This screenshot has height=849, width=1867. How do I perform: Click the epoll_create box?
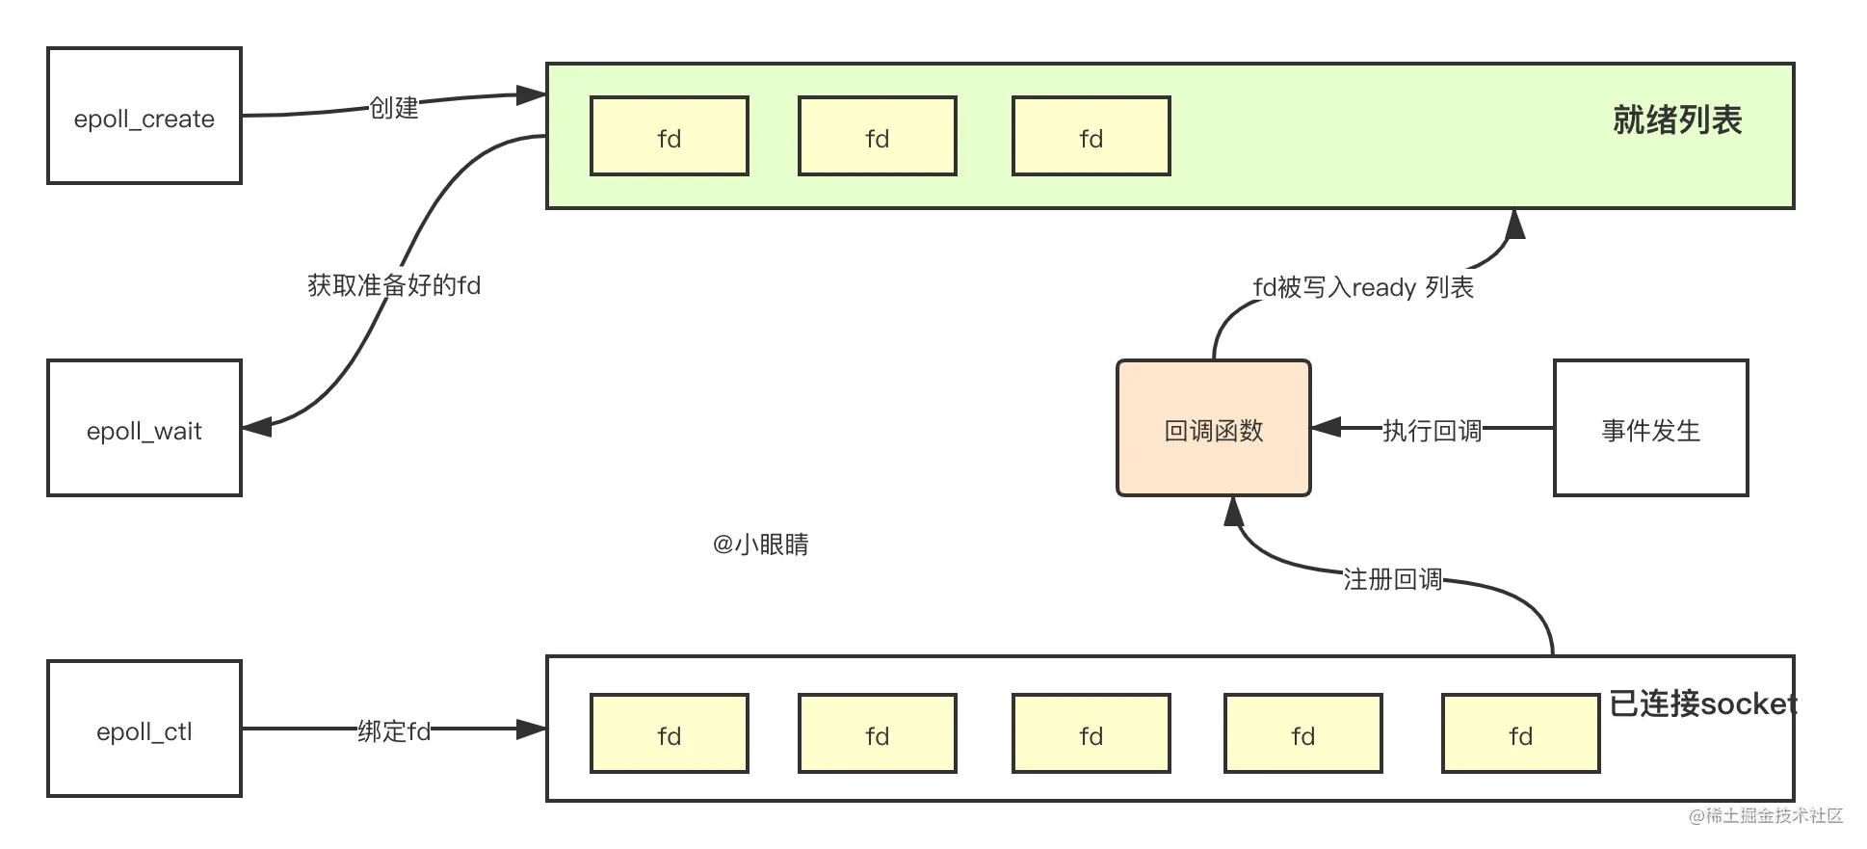pos(145,116)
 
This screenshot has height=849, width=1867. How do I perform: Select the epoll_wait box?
pos(145,428)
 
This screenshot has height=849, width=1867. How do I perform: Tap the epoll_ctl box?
pos(145,729)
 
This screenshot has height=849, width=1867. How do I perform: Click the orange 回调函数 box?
pos(1214,428)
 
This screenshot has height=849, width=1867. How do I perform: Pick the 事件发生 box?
pos(1651,428)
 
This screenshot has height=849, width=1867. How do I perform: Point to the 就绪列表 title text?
pos(1677,120)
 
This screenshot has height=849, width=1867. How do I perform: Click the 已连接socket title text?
pos(1703,703)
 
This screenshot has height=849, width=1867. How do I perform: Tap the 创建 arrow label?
pos(394,107)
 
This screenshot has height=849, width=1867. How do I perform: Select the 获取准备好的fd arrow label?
pos(394,285)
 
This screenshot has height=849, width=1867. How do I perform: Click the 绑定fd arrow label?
pos(394,731)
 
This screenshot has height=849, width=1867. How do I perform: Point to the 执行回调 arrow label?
pos(1433,431)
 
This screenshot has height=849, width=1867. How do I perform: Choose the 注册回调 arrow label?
pos(1393,579)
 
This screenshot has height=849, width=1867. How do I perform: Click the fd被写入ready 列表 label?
pos(1363,287)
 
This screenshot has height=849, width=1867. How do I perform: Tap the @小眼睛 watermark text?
pos(761,544)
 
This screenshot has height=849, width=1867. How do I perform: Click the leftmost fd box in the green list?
pos(670,136)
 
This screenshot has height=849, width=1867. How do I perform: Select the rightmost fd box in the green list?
pos(1091,136)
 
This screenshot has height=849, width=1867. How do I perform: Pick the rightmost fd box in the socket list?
pos(1521,733)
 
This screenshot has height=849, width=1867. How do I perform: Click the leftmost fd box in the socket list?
pos(670,733)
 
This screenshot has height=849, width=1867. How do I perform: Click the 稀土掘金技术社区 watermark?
pos(1766,815)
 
